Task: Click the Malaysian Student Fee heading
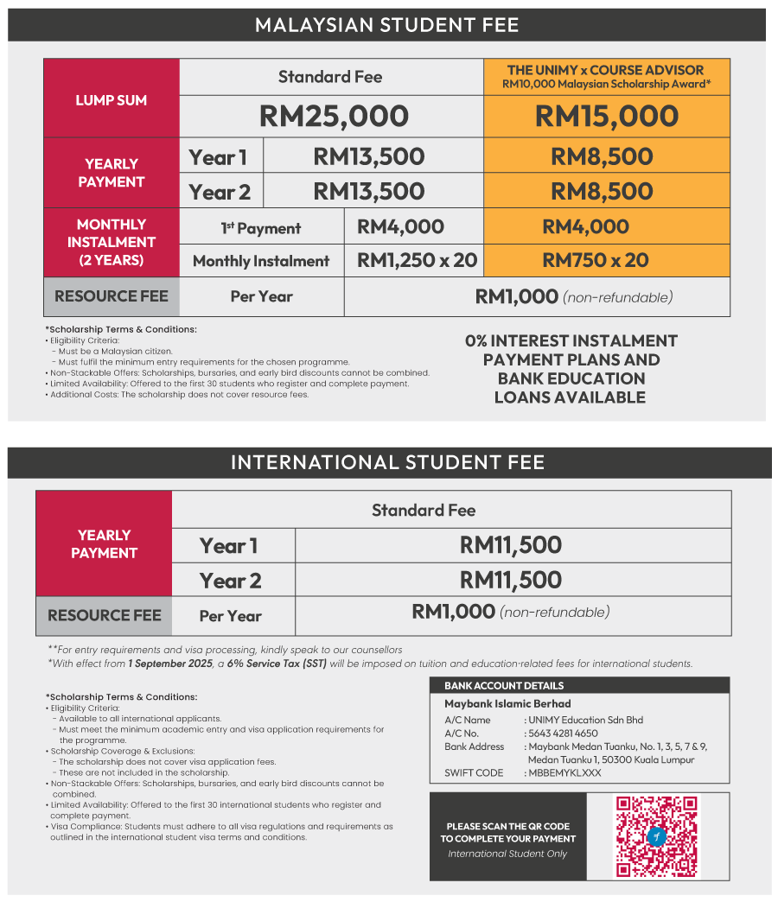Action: [387, 25]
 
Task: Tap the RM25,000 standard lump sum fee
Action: [334, 117]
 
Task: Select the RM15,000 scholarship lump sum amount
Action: [607, 117]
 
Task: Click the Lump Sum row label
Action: [111, 100]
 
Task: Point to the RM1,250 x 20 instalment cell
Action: [417, 260]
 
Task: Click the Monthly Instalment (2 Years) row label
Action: [111, 242]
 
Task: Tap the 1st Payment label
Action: [260, 228]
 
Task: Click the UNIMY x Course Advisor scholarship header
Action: [606, 77]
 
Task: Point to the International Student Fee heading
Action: [387, 462]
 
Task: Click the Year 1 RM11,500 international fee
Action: [511, 545]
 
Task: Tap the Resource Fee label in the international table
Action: [104, 616]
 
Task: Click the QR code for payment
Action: [655, 835]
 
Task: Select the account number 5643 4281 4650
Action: [562, 734]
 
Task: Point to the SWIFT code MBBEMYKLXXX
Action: [564, 772]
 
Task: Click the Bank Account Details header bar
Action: [579, 685]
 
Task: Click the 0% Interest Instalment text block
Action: [571, 369]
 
